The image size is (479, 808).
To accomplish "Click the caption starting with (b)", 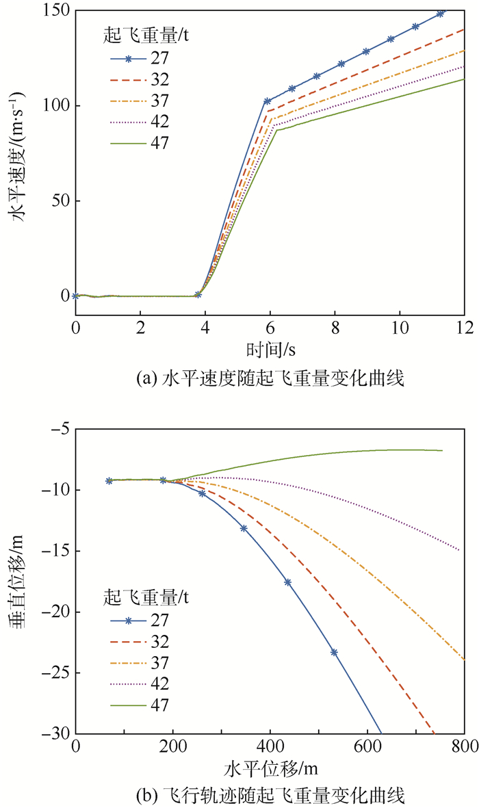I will click(270, 795).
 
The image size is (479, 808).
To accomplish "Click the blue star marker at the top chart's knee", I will click(268, 101).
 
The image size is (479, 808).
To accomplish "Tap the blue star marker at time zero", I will click(75, 296).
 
